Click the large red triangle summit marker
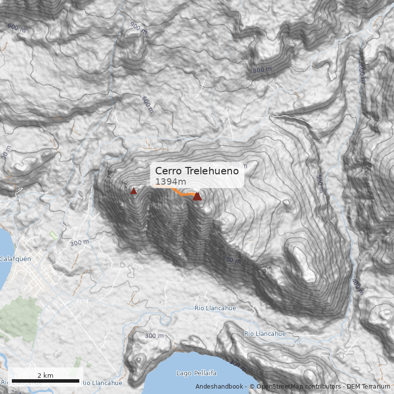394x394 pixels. (197, 197)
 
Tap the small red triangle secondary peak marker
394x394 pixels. (133, 191)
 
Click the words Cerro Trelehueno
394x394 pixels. (197, 171)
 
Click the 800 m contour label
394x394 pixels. (262, 70)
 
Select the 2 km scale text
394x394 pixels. (45, 375)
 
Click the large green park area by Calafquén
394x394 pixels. (20, 318)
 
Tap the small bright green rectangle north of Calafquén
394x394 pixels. (53, 235)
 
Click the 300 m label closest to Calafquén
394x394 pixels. (79, 243)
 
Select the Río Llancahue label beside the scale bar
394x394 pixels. (102, 383)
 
